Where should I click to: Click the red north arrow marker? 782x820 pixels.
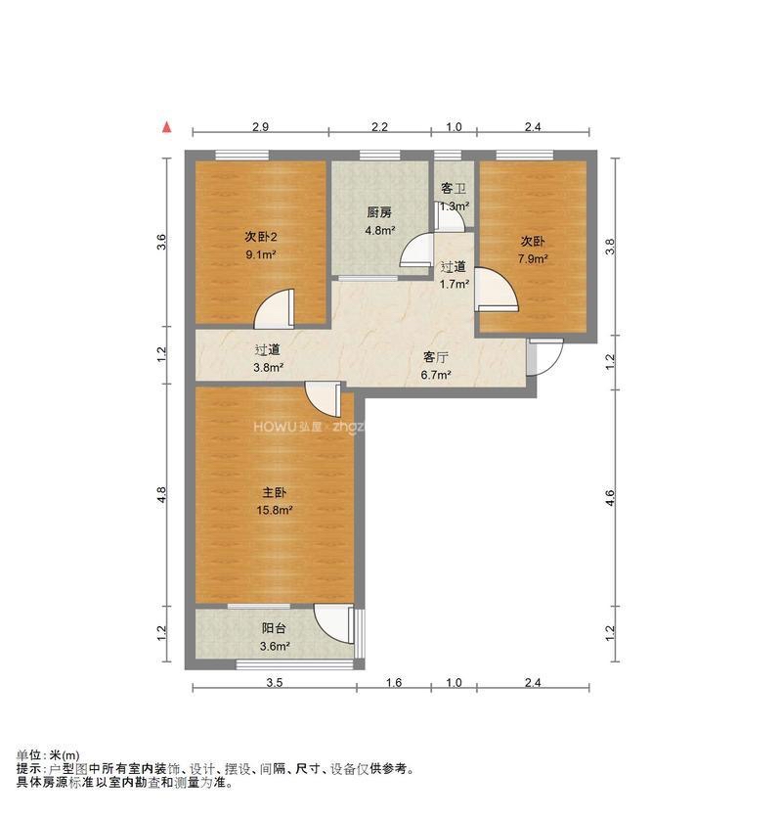point(168,127)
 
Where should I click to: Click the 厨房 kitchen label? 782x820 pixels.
point(379,212)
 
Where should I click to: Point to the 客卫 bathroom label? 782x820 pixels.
point(454,189)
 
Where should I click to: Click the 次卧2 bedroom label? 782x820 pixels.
point(260,237)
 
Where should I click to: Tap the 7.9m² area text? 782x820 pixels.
point(533,259)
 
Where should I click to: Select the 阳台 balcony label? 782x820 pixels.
point(275,629)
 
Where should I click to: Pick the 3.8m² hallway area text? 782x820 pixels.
point(268,368)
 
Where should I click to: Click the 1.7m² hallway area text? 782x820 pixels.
point(454,285)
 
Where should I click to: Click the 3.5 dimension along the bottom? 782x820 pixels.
point(274,683)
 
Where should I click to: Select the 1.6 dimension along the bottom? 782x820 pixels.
point(394,683)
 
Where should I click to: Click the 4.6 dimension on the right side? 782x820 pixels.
point(610,497)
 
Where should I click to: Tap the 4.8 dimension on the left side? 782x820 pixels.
point(162,496)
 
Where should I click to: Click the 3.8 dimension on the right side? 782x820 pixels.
point(610,249)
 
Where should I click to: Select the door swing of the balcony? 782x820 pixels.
point(334,623)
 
